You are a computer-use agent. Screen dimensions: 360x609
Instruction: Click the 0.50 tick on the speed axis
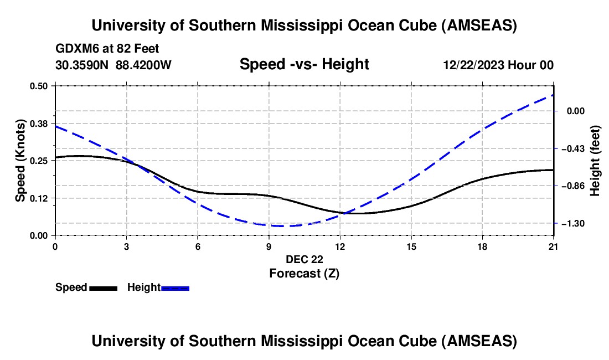40,86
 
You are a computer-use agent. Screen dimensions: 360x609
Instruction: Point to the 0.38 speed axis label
40,123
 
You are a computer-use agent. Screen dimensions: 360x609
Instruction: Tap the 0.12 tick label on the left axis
40,198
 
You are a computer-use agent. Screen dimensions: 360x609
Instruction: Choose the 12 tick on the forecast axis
340,246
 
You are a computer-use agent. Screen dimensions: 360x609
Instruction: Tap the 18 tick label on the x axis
483,246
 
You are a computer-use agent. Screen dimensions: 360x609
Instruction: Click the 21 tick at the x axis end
554,246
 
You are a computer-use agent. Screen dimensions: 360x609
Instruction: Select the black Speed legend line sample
103,288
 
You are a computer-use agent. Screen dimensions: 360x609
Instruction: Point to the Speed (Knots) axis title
20,160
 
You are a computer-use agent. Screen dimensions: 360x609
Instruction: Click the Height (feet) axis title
595,161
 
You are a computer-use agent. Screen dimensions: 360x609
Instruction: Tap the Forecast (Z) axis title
304,273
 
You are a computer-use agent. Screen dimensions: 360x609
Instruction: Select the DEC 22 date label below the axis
304,259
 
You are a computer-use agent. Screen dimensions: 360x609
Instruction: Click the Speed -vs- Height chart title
304,64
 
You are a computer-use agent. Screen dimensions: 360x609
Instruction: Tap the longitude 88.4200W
143,65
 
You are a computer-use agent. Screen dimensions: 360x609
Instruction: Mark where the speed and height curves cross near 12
344,213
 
